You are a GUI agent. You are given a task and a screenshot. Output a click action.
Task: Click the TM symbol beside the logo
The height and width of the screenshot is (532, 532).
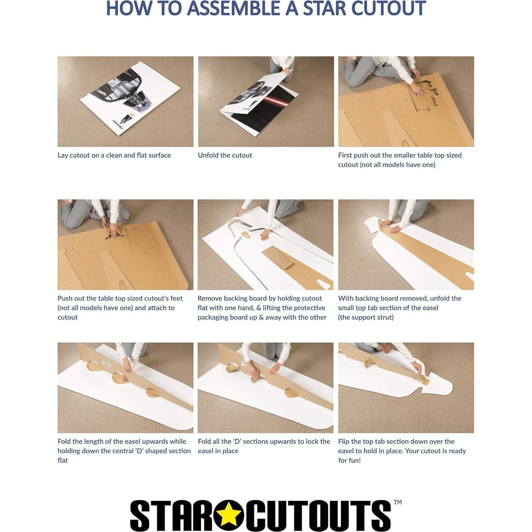(398, 502)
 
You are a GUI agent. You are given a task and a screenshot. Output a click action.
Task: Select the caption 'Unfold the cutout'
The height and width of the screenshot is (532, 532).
(225, 155)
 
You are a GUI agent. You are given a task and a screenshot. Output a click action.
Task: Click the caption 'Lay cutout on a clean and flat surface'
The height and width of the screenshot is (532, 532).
(114, 155)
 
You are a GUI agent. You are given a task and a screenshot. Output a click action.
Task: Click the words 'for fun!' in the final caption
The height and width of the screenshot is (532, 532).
(349, 460)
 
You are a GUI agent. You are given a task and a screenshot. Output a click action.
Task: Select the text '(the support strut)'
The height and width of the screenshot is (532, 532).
(366, 317)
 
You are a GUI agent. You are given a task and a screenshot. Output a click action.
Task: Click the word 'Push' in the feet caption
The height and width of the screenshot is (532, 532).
(64, 299)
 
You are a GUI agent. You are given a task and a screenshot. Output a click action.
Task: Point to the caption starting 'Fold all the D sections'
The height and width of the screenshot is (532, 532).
(264, 446)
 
